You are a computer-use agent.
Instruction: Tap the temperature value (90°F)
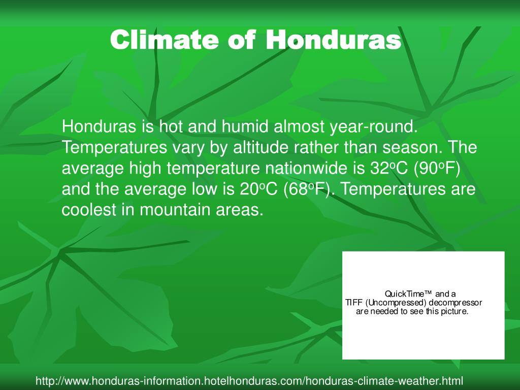click(444, 169)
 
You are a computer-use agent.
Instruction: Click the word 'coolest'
click(91, 210)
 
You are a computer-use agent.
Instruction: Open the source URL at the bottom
click(249, 380)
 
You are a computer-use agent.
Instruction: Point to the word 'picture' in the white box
click(453, 311)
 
